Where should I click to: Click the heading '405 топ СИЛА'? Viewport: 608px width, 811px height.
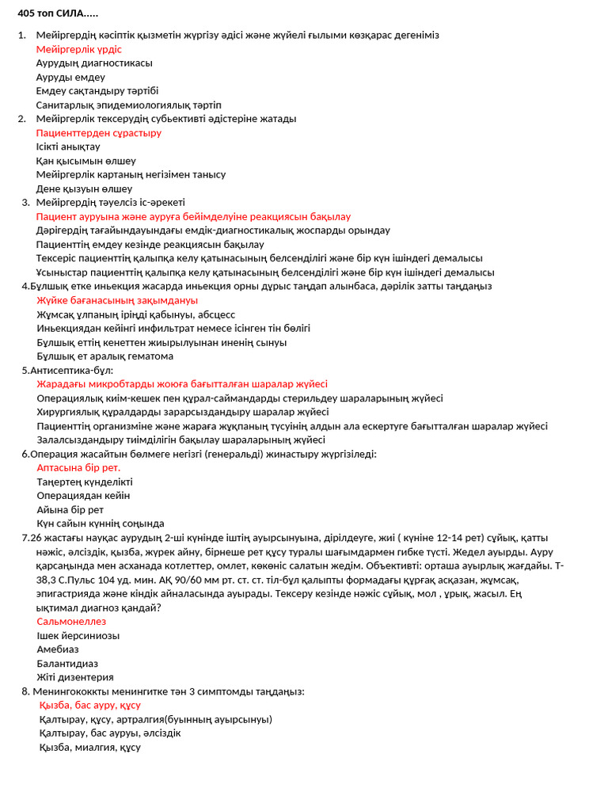pyautogui.click(x=58, y=13)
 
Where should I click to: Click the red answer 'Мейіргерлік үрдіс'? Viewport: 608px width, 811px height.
pyautogui.click(x=79, y=49)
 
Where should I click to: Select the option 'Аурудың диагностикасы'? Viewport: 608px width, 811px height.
pyautogui.click(x=94, y=63)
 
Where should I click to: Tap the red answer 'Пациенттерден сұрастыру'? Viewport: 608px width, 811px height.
pyautogui.click(x=99, y=133)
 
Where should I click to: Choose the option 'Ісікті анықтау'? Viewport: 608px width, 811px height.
pyautogui.click(x=68, y=147)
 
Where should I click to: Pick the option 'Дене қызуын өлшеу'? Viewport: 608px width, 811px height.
pyautogui.click(x=84, y=188)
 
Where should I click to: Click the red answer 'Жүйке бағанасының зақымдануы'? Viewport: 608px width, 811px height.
pyautogui.click(x=117, y=300)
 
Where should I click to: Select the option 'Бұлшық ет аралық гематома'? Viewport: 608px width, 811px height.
pyautogui.click(x=105, y=356)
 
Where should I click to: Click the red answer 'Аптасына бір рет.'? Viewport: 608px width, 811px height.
pyautogui.click(x=78, y=467)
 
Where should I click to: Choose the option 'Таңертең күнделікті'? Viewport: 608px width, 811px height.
pyautogui.click(x=85, y=482)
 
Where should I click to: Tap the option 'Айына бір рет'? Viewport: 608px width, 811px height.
pyautogui.click(x=70, y=509)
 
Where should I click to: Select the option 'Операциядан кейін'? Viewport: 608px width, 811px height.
pyautogui.click(x=83, y=495)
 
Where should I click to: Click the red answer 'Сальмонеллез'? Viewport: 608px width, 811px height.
pyautogui.click(x=71, y=622)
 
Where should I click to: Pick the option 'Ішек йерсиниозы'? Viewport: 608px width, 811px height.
pyautogui.click(x=78, y=635)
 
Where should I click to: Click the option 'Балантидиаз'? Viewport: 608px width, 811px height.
pyautogui.click(x=67, y=663)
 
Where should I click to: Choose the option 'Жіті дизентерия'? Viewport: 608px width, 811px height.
pyautogui.click(x=75, y=677)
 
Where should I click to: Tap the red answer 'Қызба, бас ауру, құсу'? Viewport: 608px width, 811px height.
pyautogui.click(x=90, y=705)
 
